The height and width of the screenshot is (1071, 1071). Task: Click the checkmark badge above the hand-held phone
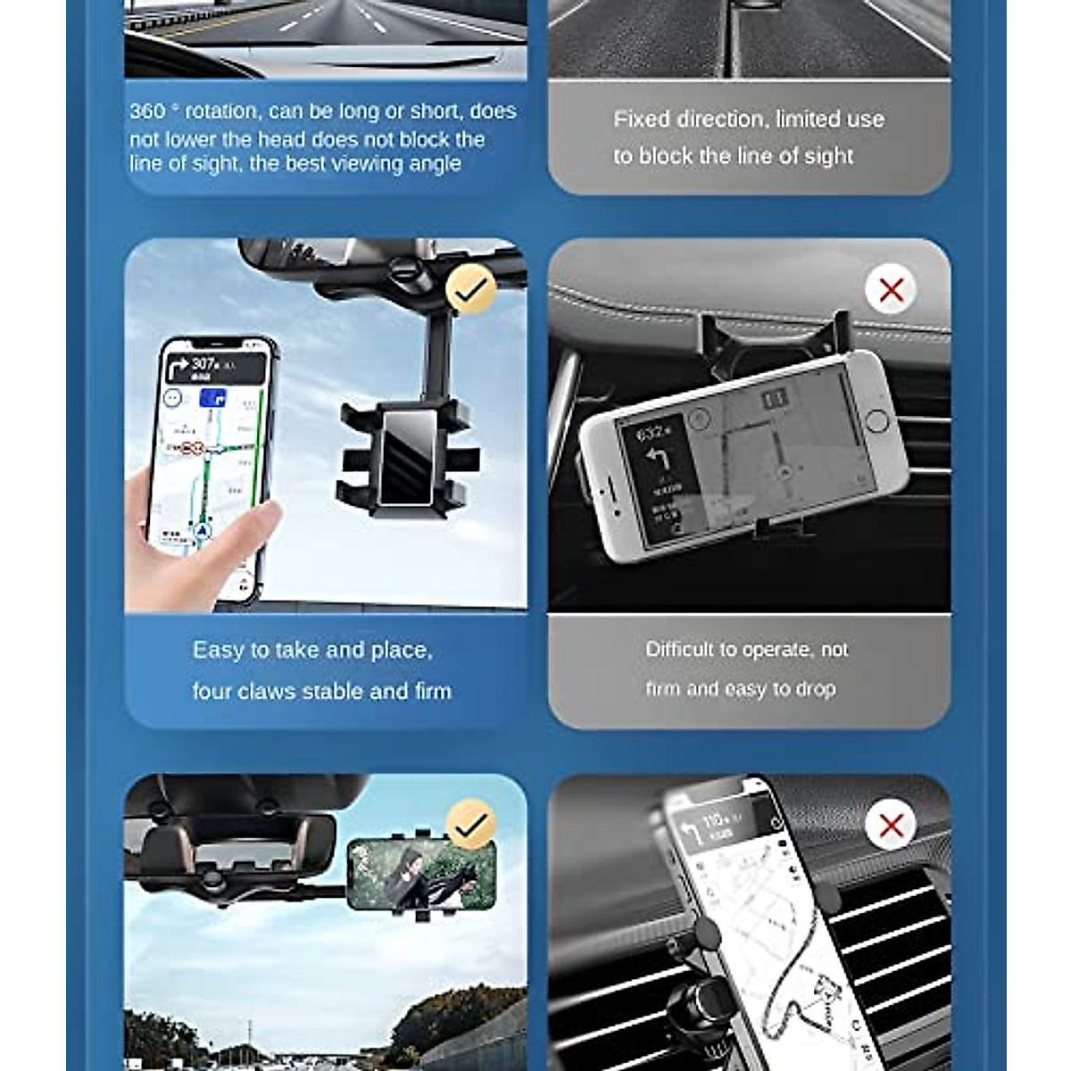pyautogui.click(x=470, y=287)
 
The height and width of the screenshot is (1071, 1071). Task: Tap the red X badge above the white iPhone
pyautogui.click(x=891, y=290)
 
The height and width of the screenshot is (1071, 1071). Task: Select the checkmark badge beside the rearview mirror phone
pyautogui.click(x=470, y=826)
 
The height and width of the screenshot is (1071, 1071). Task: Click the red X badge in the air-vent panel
pyautogui.click(x=891, y=826)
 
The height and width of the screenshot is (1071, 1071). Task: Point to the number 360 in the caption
pyautogui.click(x=147, y=112)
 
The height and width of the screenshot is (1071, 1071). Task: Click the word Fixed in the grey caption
pyautogui.click(x=641, y=120)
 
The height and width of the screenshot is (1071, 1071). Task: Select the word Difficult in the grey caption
pyautogui.click(x=683, y=650)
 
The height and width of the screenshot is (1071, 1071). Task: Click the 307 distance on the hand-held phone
pyautogui.click(x=204, y=363)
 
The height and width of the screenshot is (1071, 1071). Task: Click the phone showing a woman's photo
pyautogui.click(x=420, y=873)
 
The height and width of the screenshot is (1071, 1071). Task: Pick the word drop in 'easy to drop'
pyautogui.click(x=816, y=689)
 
